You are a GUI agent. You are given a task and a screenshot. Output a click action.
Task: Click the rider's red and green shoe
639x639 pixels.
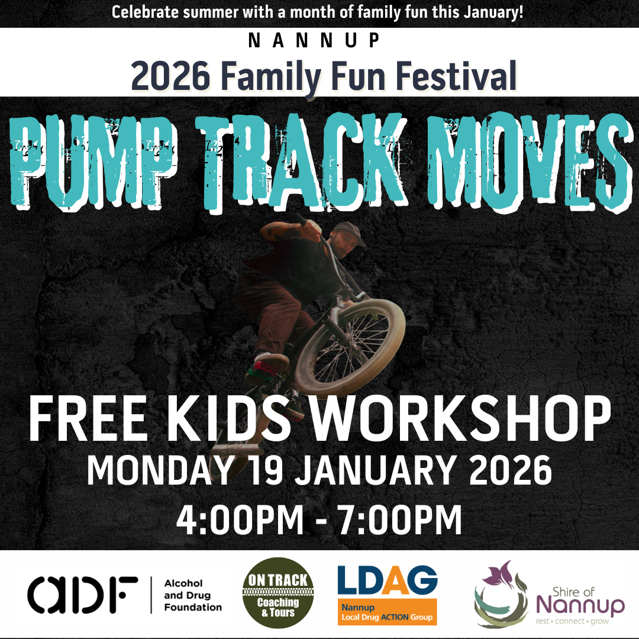tap(271, 364)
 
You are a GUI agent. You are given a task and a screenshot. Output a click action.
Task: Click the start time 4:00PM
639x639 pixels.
tap(239, 519)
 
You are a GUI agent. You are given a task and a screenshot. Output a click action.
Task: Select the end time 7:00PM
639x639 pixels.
tap(400, 519)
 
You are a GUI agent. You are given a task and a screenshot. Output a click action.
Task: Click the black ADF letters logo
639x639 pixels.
tap(82, 595)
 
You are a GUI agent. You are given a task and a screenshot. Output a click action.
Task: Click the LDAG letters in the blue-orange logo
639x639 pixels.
tap(387, 580)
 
